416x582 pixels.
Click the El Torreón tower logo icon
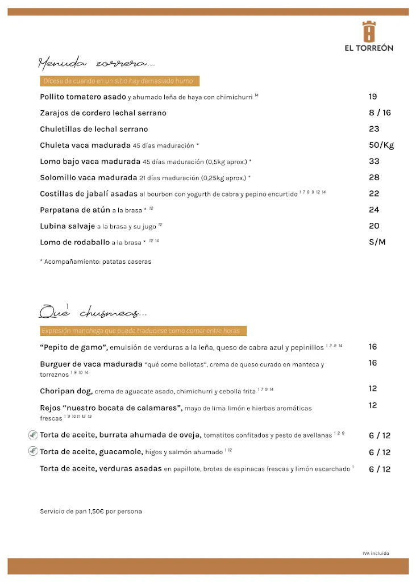click(369, 31)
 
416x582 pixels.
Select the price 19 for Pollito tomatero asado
click(373, 97)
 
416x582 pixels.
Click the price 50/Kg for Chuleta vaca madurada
click(381, 145)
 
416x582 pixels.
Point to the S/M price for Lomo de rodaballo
click(377, 242)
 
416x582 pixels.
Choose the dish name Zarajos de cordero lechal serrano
click(103, 113)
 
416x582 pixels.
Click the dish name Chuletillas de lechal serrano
click(94, 129)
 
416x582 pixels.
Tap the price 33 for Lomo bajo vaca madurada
click(374, 161)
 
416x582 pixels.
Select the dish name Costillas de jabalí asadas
click(89, 194)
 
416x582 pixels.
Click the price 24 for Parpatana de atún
click(374, 210)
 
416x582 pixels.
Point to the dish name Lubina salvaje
click(67, 226)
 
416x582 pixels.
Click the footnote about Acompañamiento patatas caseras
click(95, 262)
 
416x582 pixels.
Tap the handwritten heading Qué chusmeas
click(93, 312)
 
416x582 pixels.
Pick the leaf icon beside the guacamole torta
click(33, 452)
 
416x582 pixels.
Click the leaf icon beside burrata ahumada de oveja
click(33, 435)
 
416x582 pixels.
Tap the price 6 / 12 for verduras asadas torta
click(380, 469)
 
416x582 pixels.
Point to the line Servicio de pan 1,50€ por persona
click(91, 512)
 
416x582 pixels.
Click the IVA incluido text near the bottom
click(376, 553)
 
